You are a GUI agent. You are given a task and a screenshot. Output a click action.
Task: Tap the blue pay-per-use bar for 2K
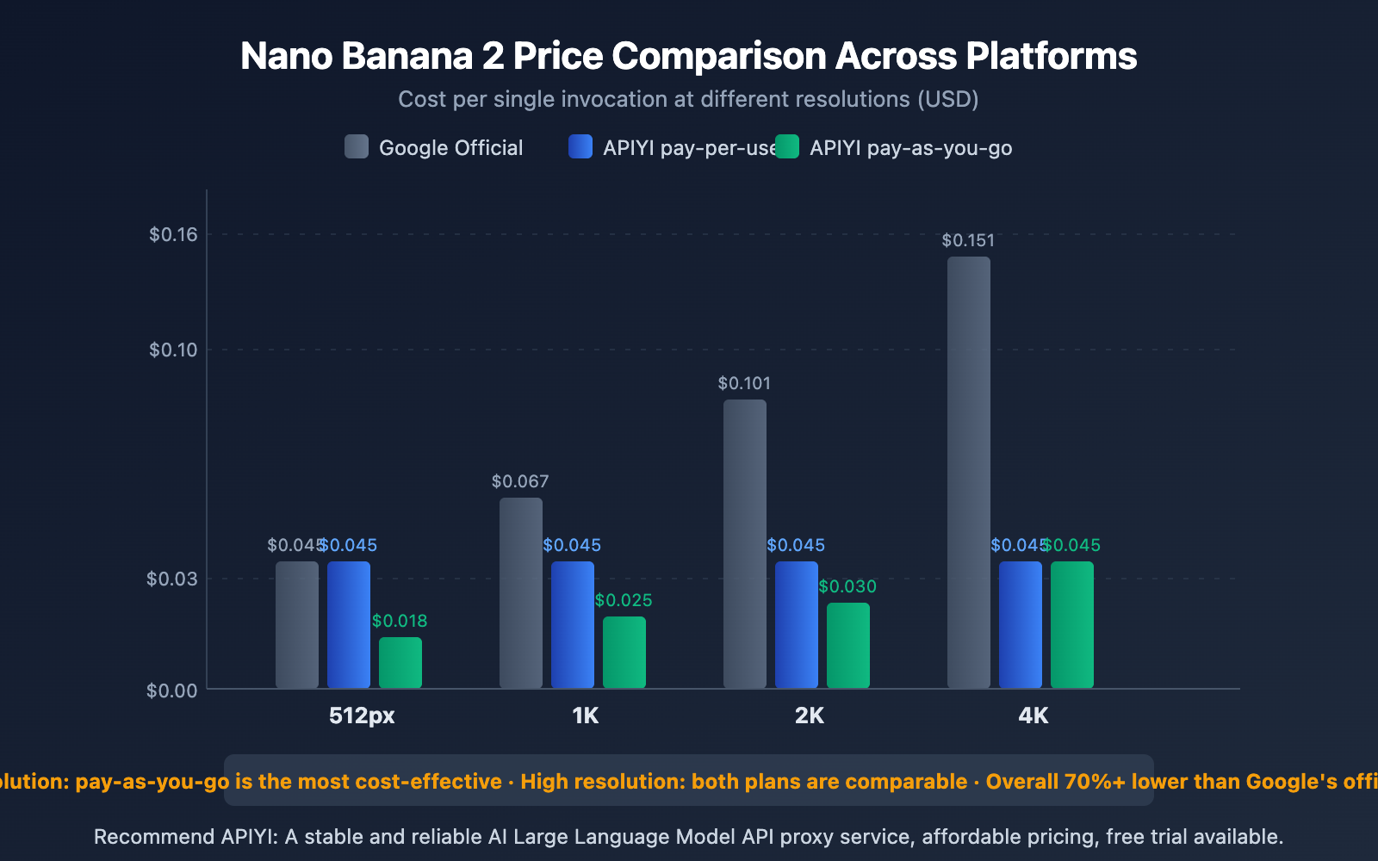click(x=797, y=624)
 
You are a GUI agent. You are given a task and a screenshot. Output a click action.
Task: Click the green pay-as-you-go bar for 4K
click(x=1072, y=624)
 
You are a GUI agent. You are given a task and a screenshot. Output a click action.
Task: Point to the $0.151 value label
click(x=968, y=240)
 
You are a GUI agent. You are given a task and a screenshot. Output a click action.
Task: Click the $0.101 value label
click(x=744, y=383)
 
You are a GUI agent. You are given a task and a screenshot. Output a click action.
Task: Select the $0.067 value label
click(x=520, y=481)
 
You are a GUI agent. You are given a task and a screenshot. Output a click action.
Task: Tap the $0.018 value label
click(x=400, y=621)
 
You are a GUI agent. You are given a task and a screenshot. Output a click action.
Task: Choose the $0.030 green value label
click(x=847, y=586)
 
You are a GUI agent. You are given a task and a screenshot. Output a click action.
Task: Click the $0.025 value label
click(x=624, y=600)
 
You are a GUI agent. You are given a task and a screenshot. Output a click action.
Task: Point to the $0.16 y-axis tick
click(x=173, y=234)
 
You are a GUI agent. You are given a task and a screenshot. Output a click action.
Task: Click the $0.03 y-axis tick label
click(x=171, y=579)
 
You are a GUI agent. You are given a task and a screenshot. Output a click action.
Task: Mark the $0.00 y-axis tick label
click(x=171, y=691)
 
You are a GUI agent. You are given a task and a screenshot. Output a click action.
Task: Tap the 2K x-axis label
click(x=810, y=715)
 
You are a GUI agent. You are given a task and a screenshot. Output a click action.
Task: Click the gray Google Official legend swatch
click(x=357, y=146)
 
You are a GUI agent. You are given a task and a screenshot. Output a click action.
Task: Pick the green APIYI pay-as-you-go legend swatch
click(x=787, y=146)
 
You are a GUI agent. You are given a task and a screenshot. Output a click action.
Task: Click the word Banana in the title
click(x=407, y=56)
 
